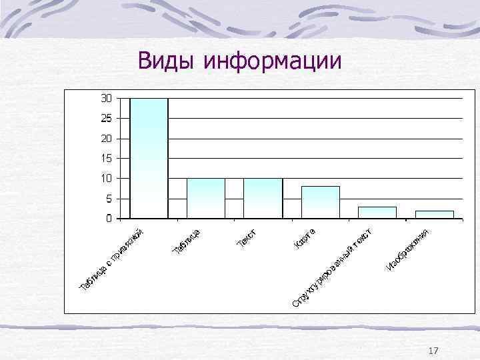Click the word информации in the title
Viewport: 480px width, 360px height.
273,61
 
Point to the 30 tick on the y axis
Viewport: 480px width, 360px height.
106,98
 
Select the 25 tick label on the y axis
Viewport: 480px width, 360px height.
106,118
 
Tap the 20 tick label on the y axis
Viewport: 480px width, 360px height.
106,138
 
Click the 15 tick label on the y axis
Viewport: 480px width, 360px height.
106,158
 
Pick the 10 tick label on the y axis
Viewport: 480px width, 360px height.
106,178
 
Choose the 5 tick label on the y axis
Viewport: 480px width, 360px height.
108,198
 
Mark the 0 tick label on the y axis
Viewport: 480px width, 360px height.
108,218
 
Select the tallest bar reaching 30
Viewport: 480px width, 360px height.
149,158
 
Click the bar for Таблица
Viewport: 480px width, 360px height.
206,198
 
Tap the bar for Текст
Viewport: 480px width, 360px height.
263,198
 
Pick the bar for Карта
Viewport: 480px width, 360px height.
320,202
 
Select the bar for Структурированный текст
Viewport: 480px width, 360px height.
377,212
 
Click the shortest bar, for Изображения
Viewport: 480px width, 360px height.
434,214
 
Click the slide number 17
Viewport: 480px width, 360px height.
433,351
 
